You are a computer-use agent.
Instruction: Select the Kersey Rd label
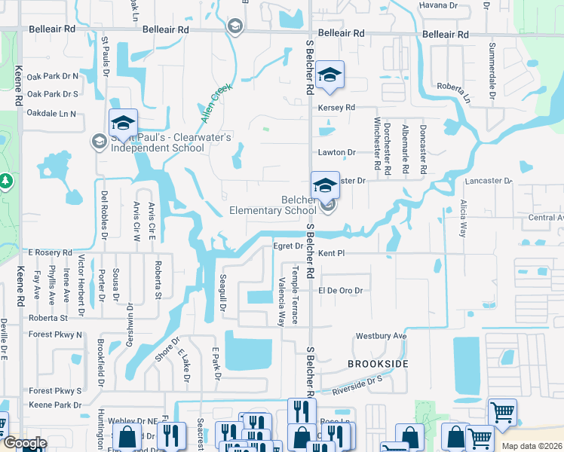(x=336, y=108)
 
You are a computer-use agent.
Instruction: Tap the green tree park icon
(x=5, y=182)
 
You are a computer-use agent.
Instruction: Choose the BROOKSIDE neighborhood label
(x=378, y=364)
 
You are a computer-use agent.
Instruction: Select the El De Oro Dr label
(x=341, y=291)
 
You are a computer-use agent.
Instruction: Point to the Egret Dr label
(x=287, y=246)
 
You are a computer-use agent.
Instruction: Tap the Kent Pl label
(x=331, y=254)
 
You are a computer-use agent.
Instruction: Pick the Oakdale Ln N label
(x=52, y=114)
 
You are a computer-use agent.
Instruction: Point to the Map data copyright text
(x=532, y=446)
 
